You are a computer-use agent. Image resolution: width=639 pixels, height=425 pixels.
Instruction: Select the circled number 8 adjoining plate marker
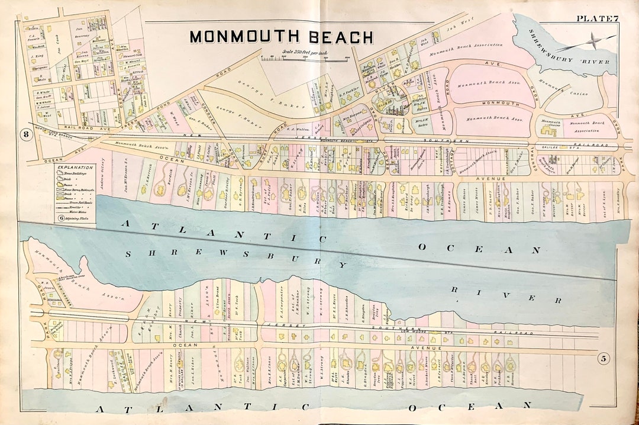coord(26,134)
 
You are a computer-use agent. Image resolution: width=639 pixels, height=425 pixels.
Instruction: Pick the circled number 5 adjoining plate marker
coord(603,358)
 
